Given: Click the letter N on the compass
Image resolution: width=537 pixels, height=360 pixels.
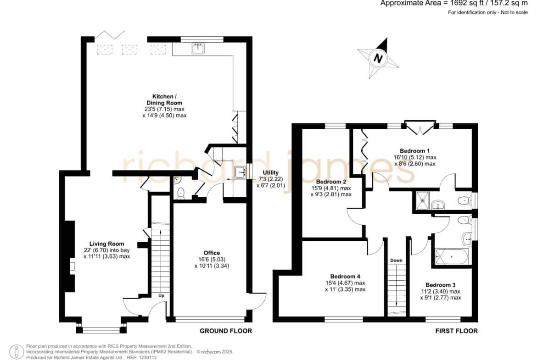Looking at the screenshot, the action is pyautogui.click(x=378, y=58).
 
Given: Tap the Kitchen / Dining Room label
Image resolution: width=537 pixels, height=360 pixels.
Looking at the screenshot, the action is pyautogui.click(x=164, y=100).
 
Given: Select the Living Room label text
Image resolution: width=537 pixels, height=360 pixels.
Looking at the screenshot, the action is pyautogui.click(x=106, y=244).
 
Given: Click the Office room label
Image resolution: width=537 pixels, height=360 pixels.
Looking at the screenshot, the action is pyautogui.click(x=212, y=253).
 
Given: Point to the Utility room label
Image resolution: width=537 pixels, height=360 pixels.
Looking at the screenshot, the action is pyautogui.click(x=270, y=172).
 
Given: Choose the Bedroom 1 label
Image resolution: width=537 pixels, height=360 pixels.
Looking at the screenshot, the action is pyautogui.click(x=415, y=150).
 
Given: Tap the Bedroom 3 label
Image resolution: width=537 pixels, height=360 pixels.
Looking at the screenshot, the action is pyautogui.click(x=441, y=285).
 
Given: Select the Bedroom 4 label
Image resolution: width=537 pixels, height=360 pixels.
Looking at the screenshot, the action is pyautogui.click(x=345, y=276).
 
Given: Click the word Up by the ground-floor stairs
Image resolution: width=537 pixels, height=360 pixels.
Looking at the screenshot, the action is pyautogui.click(x=161, y=295).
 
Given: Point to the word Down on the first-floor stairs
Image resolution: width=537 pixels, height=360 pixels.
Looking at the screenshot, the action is pyautogui.click(x=396, y=260).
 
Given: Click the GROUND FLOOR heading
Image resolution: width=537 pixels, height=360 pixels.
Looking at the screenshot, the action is pyautogui.click(x=226, y=331).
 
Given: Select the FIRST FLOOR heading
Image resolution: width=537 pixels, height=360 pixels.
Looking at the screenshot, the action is pyautogui.click(x=457, y=331).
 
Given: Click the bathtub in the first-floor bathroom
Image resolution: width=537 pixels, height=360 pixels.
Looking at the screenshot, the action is pyautogui.click(x=452, y=257).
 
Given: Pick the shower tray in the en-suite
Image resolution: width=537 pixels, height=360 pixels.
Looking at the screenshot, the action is pyautogui.click(x=422, y=200).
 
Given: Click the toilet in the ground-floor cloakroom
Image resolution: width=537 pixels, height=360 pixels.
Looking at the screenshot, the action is pyautogui.click(x=181, y=194).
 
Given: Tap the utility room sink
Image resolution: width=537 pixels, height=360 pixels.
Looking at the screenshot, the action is pyautogui.click(x=241, y=172).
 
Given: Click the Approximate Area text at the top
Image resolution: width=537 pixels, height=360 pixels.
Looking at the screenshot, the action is pyautogui.click(x=454, y=3).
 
